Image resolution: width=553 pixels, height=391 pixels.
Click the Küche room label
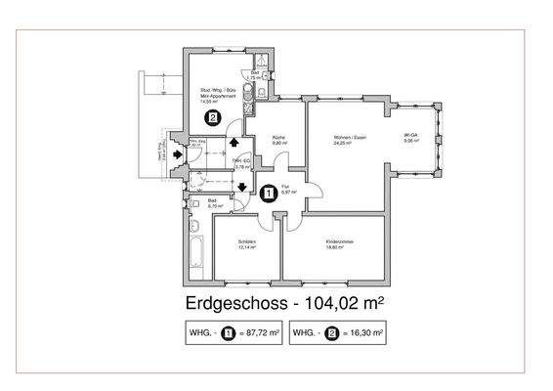point(277,140)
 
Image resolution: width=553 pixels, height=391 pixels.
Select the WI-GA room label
point(411,137)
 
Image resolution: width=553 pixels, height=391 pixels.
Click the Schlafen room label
point(247,244)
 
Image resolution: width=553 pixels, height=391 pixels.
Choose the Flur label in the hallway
point(288,189)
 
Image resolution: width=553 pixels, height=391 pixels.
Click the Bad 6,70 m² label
point(215,203)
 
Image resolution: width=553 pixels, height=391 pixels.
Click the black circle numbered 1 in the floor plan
point(269,193)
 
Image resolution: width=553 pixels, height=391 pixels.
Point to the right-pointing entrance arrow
point(176,153)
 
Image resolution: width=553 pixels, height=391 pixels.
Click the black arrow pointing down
point(241,188)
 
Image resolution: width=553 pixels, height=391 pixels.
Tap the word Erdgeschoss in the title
point(231,302)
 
